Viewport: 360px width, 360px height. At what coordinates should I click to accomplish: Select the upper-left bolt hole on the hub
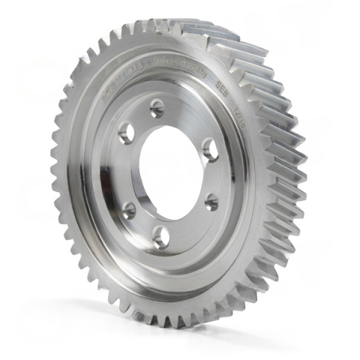126,133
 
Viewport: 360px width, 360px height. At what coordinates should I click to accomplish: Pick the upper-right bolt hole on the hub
210,149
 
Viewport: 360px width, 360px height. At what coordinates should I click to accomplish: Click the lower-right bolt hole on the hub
212,202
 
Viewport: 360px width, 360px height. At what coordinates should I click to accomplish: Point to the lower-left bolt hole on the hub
129,210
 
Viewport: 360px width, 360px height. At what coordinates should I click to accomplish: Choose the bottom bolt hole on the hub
160,236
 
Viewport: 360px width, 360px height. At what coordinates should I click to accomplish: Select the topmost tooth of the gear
165,22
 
